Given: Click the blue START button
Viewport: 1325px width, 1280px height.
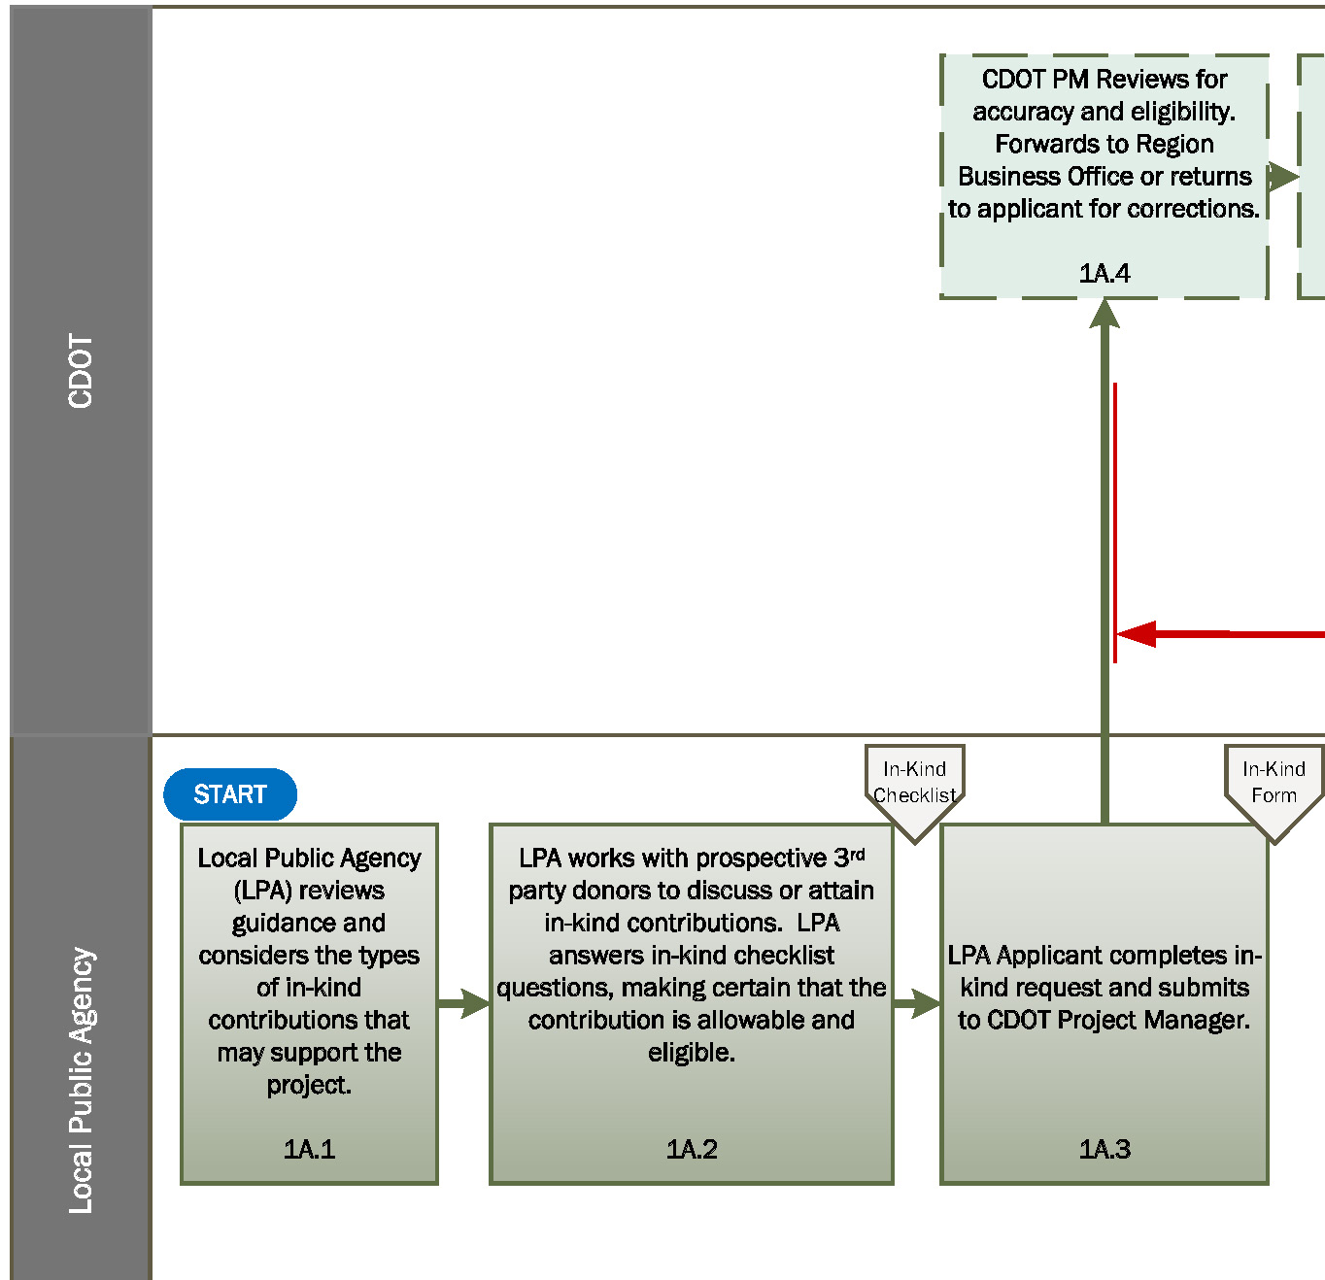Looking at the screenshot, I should pos(230,794).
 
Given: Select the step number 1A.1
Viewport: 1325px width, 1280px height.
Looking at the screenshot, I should pos(309,1149).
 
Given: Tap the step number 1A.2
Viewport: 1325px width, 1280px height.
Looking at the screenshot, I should pos(691,1149).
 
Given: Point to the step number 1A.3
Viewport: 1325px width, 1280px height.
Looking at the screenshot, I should pos(1104,1149).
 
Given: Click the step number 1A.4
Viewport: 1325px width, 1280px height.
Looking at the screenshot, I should pos(1104,273).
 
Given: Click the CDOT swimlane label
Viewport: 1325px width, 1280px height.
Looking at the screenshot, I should pos(81,371).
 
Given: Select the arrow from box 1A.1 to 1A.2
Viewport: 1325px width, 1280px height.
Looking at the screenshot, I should pos(464,1003).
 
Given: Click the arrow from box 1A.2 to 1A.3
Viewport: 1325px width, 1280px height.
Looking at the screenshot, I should pos(917,1003).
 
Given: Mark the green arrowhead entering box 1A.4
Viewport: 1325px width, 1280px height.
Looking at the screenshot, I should pos(1104,314).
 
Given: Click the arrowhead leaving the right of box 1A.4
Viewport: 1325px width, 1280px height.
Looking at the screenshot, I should pos(1283,176).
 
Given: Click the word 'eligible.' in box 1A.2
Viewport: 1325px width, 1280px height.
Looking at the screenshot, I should pos(691,1052).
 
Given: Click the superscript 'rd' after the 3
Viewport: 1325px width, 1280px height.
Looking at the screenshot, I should pos(858,854).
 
